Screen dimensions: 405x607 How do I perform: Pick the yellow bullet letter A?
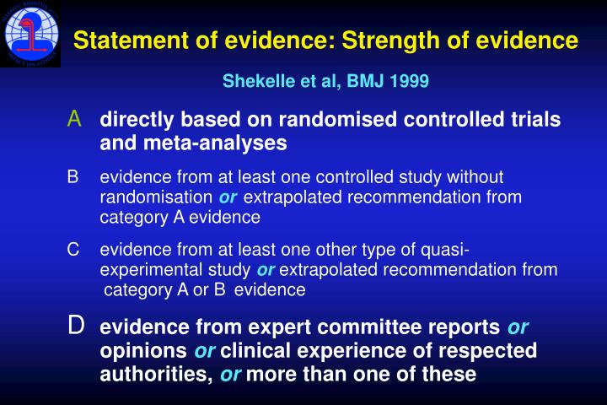coord(75,119)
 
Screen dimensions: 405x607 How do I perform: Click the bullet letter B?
coord(73,177)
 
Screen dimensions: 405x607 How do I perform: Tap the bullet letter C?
coord(73,250)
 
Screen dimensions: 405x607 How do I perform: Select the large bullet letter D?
coord(76,325)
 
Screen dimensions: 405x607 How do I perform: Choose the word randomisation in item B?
coord(157,197)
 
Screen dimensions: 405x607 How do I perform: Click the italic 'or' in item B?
coord(228,197)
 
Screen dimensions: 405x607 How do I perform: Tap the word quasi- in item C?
coord(445,250)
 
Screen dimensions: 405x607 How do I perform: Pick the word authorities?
coord(154,373)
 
